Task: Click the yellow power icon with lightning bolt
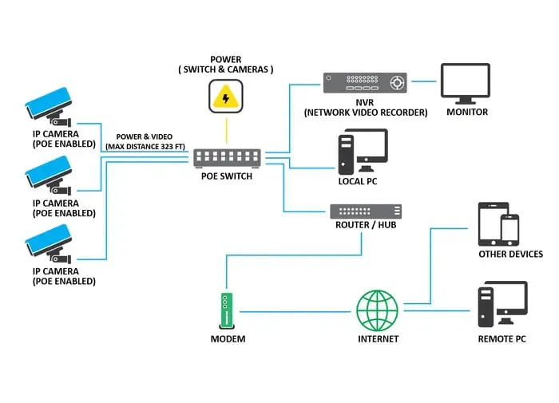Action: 226,97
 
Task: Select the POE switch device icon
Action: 226,158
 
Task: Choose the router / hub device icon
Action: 366,211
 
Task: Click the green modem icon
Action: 227,310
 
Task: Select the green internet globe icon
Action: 377,310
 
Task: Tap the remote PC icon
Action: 502,304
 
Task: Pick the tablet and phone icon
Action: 498,224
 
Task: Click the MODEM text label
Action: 228,339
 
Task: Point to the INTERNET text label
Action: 378,339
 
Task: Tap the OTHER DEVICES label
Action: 510,255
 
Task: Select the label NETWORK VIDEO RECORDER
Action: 366,113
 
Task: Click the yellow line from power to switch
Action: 226,129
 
